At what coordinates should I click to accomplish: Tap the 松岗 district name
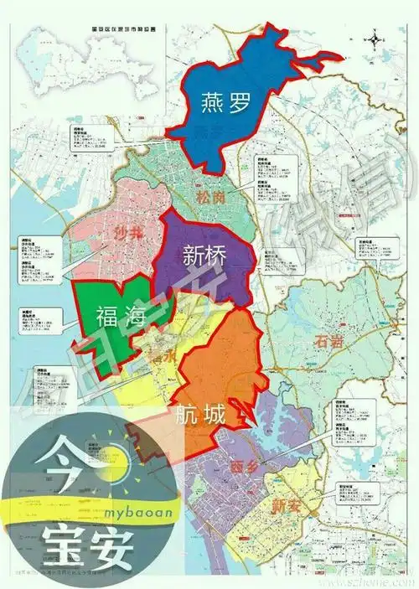pyautogui.click(x=209, y=196)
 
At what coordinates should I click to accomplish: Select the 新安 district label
pyautogui.click(x=286, y=504)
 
